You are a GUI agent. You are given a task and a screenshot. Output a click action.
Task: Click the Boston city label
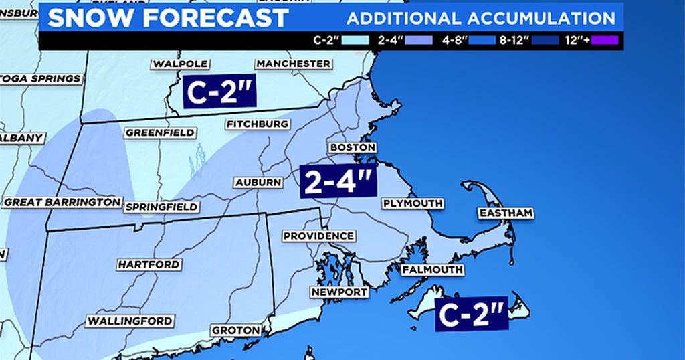click(352, 147)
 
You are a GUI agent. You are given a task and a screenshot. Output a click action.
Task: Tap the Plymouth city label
click(412, 203)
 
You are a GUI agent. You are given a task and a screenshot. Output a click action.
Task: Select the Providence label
click(318, 236)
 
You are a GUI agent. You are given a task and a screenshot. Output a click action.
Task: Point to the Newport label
click(339, 292)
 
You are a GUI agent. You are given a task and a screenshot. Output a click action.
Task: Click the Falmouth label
click(432, 270)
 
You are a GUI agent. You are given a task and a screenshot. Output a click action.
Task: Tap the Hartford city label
click(149, 264)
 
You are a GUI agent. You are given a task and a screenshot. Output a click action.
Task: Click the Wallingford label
click(130, 321)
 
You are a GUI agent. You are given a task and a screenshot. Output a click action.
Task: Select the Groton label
click(235, 330)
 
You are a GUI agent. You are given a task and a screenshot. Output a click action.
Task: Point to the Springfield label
click(161, 207)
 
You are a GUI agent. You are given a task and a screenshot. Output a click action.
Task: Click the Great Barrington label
click(62, 202)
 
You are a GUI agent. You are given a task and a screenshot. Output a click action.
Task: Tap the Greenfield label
click(160, 132)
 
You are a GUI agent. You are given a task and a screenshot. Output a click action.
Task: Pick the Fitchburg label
click(258, 124)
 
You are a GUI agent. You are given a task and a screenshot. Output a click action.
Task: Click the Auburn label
click(257, 182)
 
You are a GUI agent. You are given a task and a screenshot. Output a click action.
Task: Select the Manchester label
click(293, 64)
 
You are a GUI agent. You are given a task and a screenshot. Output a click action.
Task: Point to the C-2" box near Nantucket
click(471, 313)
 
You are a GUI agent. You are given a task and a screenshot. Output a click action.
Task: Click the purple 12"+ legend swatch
click(604, 40)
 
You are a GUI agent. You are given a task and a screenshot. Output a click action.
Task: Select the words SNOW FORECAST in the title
click(167, 18)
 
